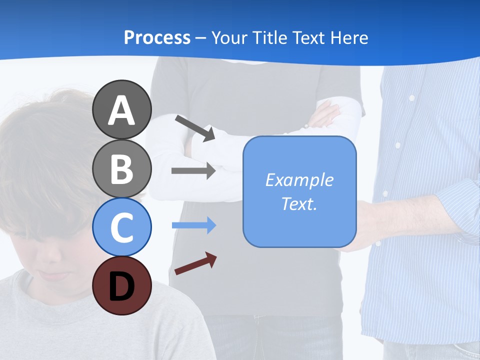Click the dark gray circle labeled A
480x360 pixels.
click(x=121, y=109)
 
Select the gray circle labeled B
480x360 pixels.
click(x=121, y=168)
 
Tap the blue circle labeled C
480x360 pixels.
click(x=121, y=227)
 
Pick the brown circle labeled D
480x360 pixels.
click(x=121, y=285)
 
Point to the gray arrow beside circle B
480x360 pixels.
click(x=193, y=170)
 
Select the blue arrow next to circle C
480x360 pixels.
click(x=193, y=225)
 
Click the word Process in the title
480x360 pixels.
click(x=157, y=37)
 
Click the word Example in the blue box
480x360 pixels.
click(x=299, y=179)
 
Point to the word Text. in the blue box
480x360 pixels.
click(x=299, y=203)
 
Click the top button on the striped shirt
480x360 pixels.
click(x=411, y=98)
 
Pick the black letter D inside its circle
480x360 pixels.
click(x=121, y=287)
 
